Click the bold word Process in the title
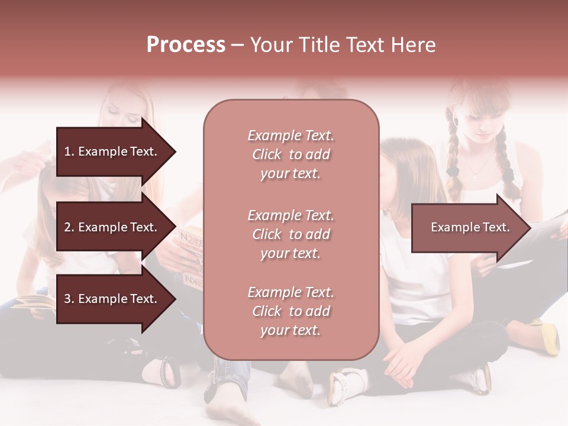pos(186,45)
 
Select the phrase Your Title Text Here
pos(343,45)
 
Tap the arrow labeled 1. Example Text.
pos(112,151)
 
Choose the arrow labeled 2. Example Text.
pos(112,227)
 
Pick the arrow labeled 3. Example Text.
pos(112,299)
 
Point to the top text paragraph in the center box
pos(291,154)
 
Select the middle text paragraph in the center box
pos(291,234)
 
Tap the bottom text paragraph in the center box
pos(291,311)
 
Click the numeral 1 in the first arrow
pos(67,151)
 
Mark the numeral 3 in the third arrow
pos(67,299)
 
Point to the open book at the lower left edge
pos(33,303)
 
